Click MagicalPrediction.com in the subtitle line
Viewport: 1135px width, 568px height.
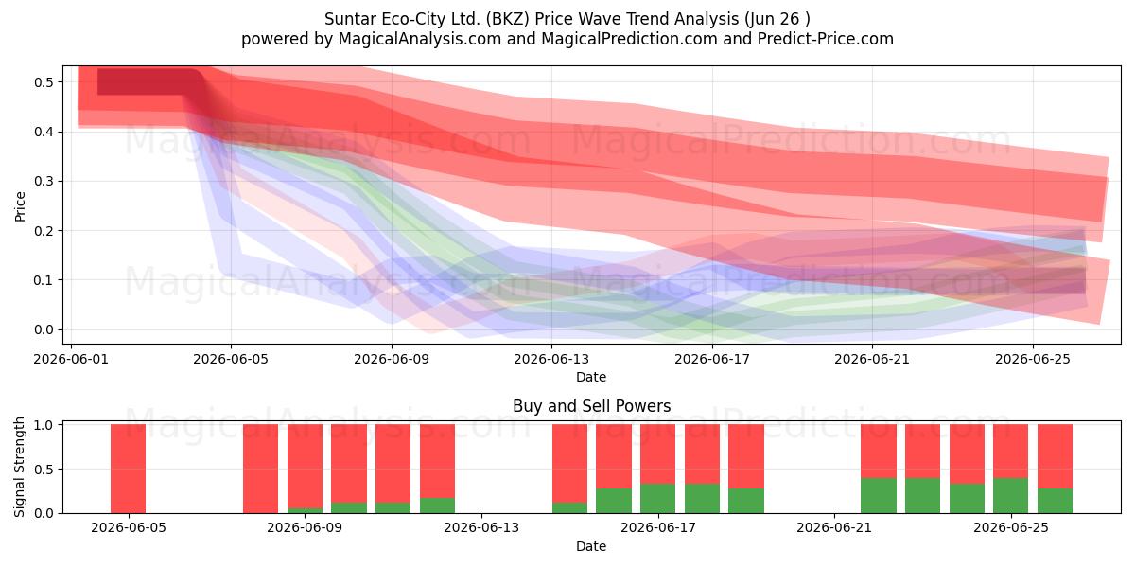629,39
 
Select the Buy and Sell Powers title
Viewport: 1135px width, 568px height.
591,406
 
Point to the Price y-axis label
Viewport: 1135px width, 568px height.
20,206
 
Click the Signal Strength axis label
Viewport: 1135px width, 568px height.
19,467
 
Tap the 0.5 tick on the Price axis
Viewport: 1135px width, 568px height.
44,82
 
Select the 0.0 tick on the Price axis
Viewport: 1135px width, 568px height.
44,329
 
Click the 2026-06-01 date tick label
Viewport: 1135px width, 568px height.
70,359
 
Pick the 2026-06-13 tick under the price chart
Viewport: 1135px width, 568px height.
551,359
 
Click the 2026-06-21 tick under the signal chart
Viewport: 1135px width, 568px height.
834,528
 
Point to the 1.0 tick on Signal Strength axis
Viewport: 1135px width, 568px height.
44,425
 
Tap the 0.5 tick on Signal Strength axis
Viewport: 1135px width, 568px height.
44,470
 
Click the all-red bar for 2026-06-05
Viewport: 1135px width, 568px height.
129,469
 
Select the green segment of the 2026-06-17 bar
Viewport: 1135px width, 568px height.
657,499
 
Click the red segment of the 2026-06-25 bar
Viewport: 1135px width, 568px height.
1011,452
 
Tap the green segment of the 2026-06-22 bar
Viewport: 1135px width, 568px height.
879,495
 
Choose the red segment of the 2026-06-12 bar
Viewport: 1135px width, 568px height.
437,461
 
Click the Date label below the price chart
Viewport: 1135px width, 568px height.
591,377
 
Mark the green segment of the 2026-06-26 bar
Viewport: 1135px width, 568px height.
1055,501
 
